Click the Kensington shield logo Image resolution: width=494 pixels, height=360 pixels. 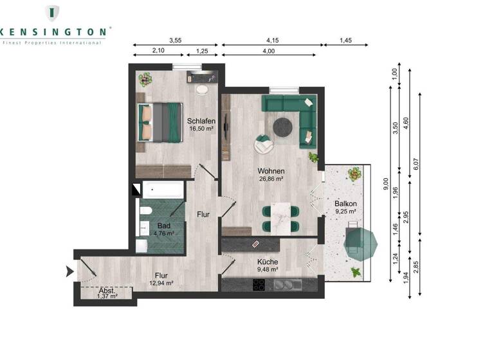pyautogui.click(x=51, y=13)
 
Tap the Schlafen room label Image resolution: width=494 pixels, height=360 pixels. pyautogui.click(x=201, y=121)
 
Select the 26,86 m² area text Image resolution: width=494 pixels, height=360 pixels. pyautogui.click(x=271, y=179)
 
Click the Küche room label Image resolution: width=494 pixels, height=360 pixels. pyautogui.click(x=268, y=262)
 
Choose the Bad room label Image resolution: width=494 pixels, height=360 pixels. pyautogui.click(x=164, y=226)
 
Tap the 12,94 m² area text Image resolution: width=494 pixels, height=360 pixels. pyautogui.click(x=161, y=282)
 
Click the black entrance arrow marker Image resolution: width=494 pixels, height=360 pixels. pyautogui.click(x=69, y=273)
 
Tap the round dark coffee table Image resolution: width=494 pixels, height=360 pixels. pyautogui.click(x=283, y=127)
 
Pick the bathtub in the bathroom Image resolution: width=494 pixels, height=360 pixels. pyautogui.click(x=163, y=190)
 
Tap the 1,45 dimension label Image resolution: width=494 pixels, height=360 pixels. pyautogui.click(x=346, y=40)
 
